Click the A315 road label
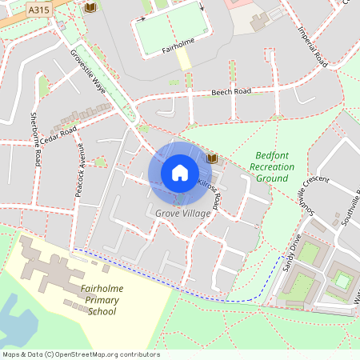[x=38, y=10]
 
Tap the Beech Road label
[x=231, y=92]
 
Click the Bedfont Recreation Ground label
[x=272, y=166]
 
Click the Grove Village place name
[x=182, y=214]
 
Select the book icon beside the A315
[x=90, y=7]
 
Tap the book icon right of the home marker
[x=212, y=158]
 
